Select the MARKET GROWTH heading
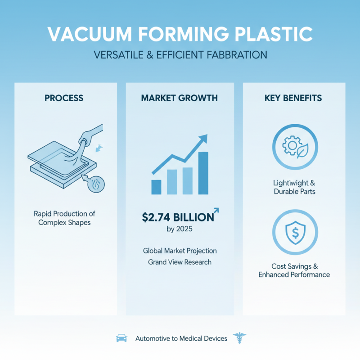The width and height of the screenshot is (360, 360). tap(180, 97)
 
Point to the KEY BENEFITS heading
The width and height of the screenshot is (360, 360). tap(294, 97)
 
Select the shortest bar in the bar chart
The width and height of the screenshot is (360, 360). tap(157, 187)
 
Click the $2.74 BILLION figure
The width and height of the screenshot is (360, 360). tap(177, 217)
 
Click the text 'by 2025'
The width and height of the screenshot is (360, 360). tap(180, 229)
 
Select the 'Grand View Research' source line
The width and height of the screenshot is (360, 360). tap(180, 262)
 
